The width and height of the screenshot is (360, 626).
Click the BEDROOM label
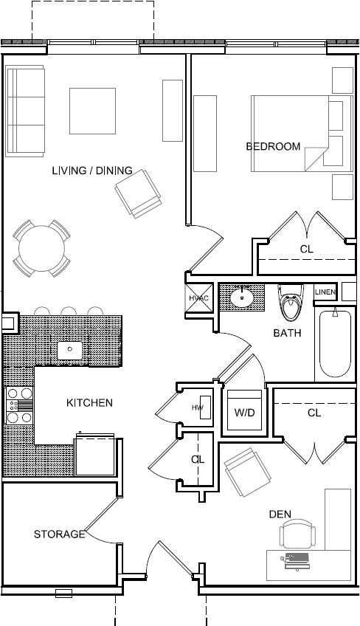[x=273, y=146]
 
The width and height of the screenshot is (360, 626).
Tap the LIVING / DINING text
[x=92, y=171]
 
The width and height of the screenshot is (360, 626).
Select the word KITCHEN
[x=89, y=403]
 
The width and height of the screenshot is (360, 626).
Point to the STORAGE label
[x=60, y=534]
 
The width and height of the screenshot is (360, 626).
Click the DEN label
[x=280, y=515]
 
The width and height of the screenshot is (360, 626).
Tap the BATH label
[x=287, y=332]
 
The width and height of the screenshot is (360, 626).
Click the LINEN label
[x=325, y=292]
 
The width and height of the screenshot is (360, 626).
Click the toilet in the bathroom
[x=291, y=302]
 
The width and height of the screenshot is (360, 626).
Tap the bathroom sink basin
[x=241, y=297]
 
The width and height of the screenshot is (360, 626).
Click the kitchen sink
[x=70, y=351]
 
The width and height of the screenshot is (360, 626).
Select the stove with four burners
[x=20, y=405]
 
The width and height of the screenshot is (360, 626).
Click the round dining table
[x=41, y=248]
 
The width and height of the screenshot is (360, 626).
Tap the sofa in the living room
[x=25, y=111]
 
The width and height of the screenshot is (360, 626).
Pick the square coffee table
[x=93, y=111]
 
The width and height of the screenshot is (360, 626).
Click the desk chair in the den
[x=297, y=534]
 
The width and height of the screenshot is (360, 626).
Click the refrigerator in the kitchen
[x=95, y=455]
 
